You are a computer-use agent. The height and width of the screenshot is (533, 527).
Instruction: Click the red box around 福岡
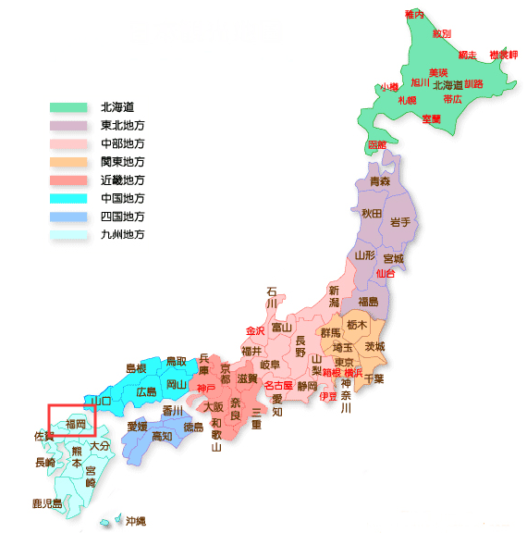pos(71,421)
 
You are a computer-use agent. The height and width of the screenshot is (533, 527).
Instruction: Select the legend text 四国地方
pos(123,216)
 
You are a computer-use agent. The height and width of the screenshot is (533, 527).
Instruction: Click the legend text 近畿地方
pos(123,180)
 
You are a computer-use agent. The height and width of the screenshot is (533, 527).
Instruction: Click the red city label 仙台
pos(386,273)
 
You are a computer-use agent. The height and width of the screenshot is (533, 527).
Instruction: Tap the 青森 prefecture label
pos(379,182)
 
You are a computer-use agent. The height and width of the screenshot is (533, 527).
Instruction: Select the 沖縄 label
pos(136,520)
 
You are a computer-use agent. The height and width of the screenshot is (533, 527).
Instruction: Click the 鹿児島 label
pos(46,503)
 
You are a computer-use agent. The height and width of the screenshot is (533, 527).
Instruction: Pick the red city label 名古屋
pos(278,385)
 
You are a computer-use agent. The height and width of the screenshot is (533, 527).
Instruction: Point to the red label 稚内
pos(414,15)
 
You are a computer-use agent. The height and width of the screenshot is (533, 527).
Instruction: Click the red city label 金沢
pos(255,330)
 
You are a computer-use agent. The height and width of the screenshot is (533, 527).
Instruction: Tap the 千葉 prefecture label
pos(374,378)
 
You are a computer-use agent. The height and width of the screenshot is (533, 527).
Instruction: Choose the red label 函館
pos(377,145)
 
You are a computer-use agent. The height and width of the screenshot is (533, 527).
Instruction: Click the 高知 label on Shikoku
pos(162,436)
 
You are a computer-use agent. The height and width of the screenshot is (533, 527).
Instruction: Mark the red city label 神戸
pos(205,388)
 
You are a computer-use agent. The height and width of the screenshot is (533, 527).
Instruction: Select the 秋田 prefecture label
pos(372,214)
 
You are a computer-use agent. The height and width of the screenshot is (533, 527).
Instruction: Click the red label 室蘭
pos(431,118)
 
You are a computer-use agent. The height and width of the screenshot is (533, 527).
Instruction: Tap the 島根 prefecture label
pos(137,368)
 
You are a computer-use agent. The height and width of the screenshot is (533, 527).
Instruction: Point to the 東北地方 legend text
pos(123,126)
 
